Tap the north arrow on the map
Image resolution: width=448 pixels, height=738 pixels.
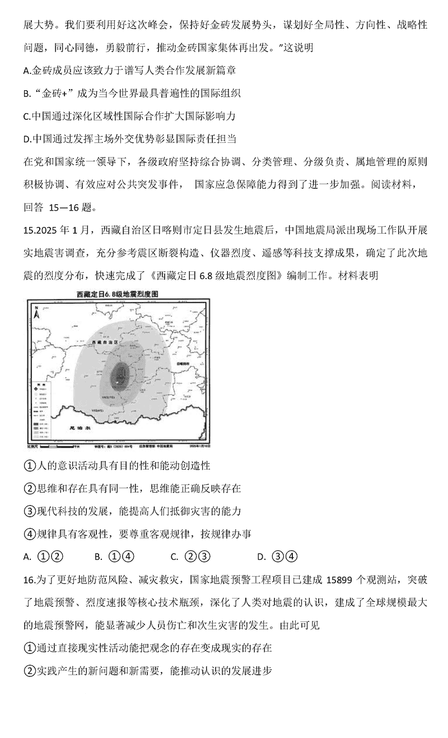(x=36, y=312)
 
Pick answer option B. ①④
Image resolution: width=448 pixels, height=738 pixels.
(x=114, y=556)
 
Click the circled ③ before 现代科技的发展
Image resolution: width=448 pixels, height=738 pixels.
(x=29, y=511)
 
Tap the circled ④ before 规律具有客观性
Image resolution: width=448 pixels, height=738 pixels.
(x=29, y=533)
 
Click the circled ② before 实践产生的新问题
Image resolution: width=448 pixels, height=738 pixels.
(x=29, y=670)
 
